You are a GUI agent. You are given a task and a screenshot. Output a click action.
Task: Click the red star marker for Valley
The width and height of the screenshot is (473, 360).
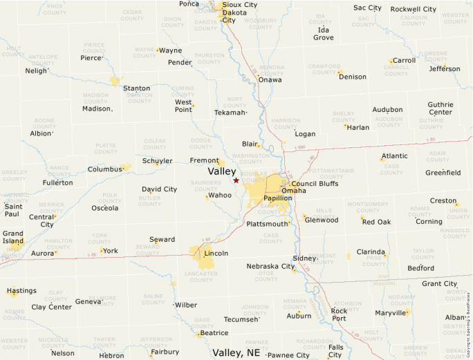(236, 180)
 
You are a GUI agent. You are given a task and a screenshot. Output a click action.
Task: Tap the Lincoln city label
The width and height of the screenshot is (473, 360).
(216, 254)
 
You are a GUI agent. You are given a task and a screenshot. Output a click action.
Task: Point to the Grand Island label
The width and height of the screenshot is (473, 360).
(13, 238)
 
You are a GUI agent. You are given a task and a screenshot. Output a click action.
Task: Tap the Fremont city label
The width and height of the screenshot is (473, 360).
(204, 160)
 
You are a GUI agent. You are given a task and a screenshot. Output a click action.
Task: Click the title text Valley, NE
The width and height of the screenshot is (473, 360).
(236, 352)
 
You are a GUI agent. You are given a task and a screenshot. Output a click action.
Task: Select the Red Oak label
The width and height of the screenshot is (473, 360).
(376, 222)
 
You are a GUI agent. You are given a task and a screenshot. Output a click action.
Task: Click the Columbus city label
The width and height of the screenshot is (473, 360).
(104, 169)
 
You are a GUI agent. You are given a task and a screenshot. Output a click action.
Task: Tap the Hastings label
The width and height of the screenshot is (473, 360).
(21, 292)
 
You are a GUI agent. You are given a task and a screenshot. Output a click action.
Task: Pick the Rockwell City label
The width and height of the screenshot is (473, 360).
(413, 9)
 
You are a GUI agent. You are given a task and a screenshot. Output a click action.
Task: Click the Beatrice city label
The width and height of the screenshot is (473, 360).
(214, 333)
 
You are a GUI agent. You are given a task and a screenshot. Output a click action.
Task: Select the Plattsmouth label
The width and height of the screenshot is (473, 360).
(267, 224)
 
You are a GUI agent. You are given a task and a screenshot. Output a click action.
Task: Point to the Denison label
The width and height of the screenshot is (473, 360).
(353, 77)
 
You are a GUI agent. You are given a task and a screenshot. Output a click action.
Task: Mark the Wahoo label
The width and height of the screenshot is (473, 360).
(220, 196)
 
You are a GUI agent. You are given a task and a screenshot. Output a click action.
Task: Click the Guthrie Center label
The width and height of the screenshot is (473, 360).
(440, 108)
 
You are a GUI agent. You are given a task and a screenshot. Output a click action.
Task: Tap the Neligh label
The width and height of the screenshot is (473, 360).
(36, 70)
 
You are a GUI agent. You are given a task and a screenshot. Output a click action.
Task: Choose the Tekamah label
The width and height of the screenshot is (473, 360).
(230, 113)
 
